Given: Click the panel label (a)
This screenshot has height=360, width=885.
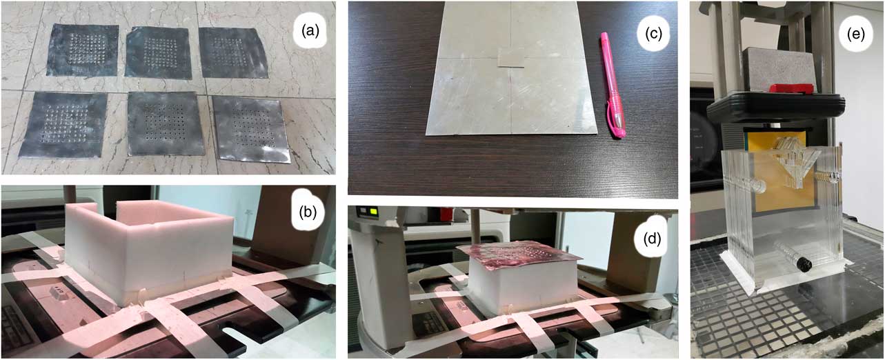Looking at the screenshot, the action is point(310,30).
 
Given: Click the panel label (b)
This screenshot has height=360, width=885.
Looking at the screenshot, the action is point(308,212).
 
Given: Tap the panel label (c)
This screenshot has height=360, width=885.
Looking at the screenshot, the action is point(653,34).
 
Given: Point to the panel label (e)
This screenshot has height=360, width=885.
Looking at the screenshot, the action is point(855,34).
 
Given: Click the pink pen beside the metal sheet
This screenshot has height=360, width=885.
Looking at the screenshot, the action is point(613,85).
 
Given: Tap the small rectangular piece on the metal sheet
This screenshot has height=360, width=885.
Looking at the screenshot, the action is point(511,59).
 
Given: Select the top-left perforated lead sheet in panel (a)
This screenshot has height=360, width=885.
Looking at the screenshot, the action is point(83,50).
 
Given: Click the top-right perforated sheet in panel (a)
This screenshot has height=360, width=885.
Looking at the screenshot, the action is point(233,52).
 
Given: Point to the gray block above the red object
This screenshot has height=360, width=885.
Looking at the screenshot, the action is point(777,70).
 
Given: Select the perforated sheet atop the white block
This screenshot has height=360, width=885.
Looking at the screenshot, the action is point(520,256).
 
